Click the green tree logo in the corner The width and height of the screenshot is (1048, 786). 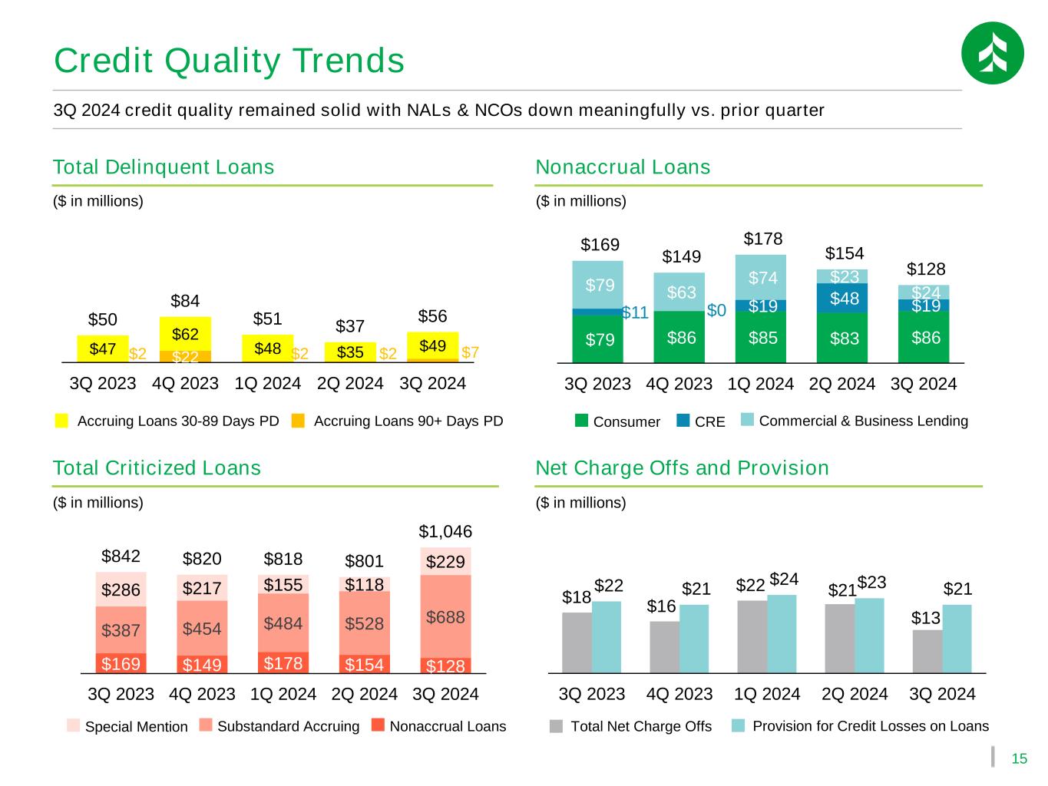click(992, 53)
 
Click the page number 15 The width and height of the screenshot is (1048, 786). click(1019, 760)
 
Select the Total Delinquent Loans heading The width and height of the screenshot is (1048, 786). click(164, 167)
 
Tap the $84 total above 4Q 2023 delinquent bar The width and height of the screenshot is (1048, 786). click(185, 299)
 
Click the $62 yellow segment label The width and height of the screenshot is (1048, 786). click(185, 334)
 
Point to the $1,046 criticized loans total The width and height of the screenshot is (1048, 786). click(445, 531)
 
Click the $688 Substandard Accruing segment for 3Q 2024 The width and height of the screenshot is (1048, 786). click(445, 616)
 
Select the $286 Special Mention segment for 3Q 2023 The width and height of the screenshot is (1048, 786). click(121, 590)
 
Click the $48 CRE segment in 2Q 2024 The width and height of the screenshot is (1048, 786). click(844, 298)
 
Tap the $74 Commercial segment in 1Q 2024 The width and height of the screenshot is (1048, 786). click(763, 277)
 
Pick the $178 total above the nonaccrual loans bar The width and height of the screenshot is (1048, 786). click(763, 239)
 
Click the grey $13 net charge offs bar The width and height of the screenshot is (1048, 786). click(927, 651)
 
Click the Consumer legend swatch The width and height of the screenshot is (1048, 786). click(581, 421)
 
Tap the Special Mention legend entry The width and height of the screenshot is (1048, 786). click(127, 726)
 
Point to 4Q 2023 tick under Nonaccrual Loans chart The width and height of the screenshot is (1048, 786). click(679, 384)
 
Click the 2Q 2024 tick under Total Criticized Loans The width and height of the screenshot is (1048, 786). click(364, 694)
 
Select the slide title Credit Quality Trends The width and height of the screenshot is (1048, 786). click(229, 61)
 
